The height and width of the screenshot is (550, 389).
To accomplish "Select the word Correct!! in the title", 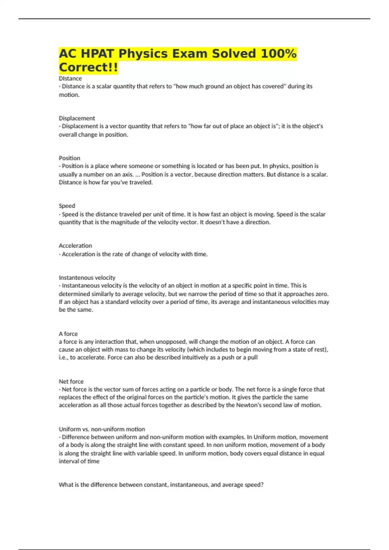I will tap(88, 67).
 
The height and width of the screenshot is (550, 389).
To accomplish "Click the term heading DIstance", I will tap(70, 78).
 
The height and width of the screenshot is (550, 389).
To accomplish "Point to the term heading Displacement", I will tap(77, 118).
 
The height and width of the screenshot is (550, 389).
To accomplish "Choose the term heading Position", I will tap(69, 158).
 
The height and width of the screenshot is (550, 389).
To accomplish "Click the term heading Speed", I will tap(67, 206).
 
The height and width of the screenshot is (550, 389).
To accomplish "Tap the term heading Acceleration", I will tap(75, 246).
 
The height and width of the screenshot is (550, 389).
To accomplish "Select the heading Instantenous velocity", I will tap(87, 278).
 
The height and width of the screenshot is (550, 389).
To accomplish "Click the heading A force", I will tap(68, 334).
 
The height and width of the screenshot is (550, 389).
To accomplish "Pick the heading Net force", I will tap(71, 381).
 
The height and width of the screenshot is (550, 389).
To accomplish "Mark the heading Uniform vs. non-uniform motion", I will tap(102, 429).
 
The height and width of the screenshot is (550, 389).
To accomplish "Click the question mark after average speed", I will tap(262, 485).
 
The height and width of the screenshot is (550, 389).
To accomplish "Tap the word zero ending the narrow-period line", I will tap(322, 294).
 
